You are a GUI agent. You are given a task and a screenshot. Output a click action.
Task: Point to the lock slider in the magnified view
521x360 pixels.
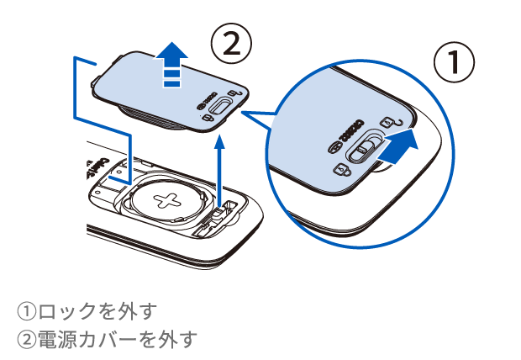click(x=360, y=150)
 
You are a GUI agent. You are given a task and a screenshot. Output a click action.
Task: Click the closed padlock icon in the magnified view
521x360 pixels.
click(x=340, y=171)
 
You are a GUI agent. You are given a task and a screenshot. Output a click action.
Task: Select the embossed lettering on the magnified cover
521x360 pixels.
click(x=349, y=130)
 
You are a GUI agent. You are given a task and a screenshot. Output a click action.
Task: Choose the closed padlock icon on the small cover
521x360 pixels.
click(x=208, y=119)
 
